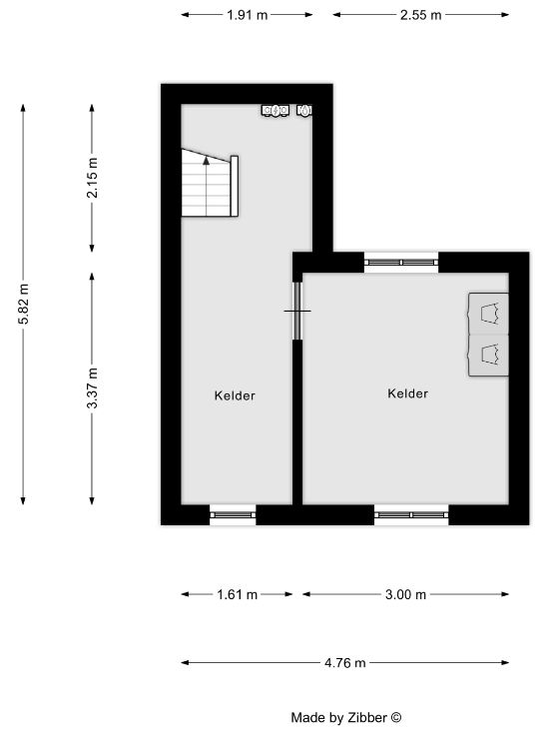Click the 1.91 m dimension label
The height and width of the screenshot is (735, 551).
click(x=247, y=15)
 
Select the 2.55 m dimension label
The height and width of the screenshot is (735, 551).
click(x=421, y=15)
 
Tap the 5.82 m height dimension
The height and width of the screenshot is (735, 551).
click(x=23, y=304)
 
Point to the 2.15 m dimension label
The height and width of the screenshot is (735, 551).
click(x=92, y=178)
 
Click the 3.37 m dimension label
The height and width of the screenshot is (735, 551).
click(x=92, y=388)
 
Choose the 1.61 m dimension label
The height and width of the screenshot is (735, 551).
click(x=238, y=595)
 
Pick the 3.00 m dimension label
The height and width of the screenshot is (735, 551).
click(x=405, y=595)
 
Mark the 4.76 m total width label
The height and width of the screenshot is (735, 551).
click(x=344, y=663)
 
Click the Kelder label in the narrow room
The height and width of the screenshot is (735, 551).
click(x=235, y=395)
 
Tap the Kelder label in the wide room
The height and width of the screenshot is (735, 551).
click(x=407, y=393)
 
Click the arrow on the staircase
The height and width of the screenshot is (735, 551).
click(x=207, y=186)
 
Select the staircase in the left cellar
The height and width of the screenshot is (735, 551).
click(x=210, y=183)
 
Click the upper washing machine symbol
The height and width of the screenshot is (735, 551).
click(x=489, y=314)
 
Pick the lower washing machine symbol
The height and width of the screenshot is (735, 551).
click(x=489, y=355)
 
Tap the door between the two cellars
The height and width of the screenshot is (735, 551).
click(x=297, y=311)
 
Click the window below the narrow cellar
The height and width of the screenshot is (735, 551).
click(x=233, y=514)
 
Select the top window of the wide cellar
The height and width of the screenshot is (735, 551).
click(x=401, y=263)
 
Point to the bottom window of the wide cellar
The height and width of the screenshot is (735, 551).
click(x=411, y=514)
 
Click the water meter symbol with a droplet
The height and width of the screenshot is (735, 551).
click(x=304, y=111)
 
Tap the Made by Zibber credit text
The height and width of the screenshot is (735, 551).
click(x=346, y=718)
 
